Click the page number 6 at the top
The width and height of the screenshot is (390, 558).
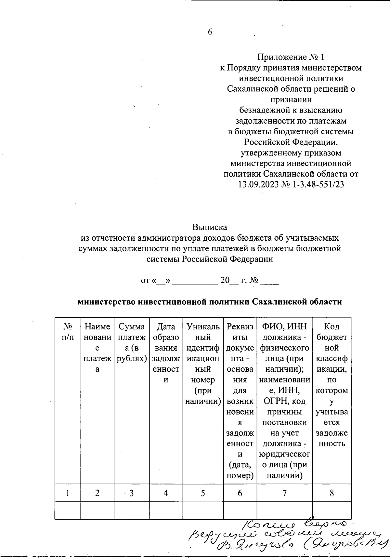(x=210, y=32)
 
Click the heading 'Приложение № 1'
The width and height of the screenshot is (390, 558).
(x=291, y=57)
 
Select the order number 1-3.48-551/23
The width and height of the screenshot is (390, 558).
(x=314, y=184)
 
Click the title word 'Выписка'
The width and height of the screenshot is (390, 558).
(x=210, y=227)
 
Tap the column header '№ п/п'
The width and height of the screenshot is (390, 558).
(x=68, y=332)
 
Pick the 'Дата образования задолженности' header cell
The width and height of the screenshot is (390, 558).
(x=166, y=353)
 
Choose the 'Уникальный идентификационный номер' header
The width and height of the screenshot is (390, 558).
(x=203, y=364)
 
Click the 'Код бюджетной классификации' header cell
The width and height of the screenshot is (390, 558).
(x=331, y=385)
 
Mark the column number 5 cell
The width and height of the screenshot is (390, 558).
(x=203, y=493)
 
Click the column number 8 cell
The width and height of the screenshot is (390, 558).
(x=331, y=493)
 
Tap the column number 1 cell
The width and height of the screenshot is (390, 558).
(x=68, y=493)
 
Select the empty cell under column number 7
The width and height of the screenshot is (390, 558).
(x=284, y=511)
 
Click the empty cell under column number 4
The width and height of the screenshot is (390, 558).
(x=166, y=511)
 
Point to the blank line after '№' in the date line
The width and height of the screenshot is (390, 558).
(x=269, y=282)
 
